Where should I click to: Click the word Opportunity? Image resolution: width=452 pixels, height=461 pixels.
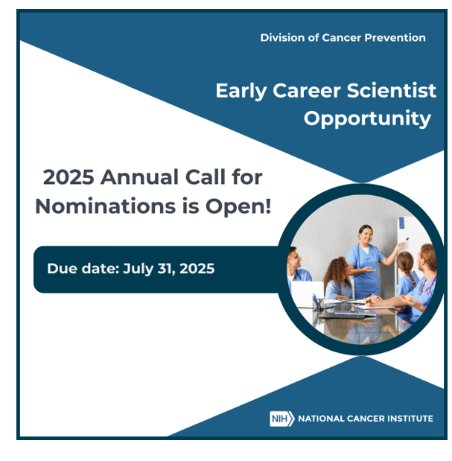(367, 118)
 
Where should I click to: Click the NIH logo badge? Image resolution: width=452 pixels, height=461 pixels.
(282, 419)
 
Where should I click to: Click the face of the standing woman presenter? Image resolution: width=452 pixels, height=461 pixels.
(366, 235)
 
